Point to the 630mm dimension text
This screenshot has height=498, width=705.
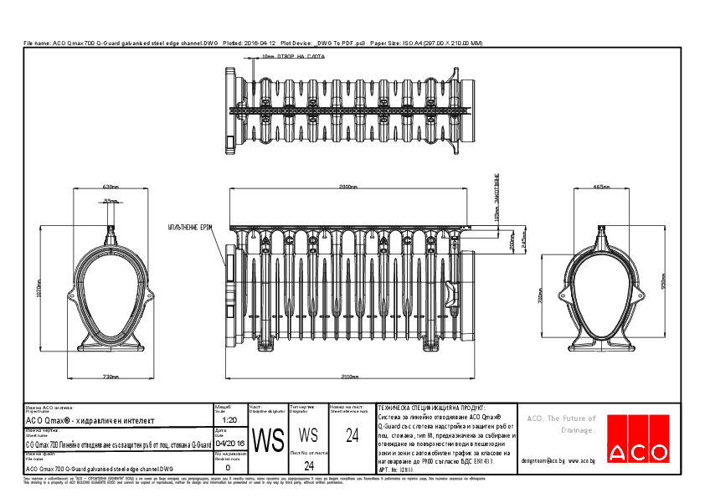click(111, 187)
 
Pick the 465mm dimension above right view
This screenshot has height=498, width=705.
click(600, 187)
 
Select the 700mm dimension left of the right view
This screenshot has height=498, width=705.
click(541, 297)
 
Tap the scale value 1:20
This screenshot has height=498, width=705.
click(230, 418)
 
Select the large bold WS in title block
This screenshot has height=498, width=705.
click(269, 440)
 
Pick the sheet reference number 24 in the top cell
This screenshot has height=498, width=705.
click(352, 433)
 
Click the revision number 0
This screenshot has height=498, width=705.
click(229, 468)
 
